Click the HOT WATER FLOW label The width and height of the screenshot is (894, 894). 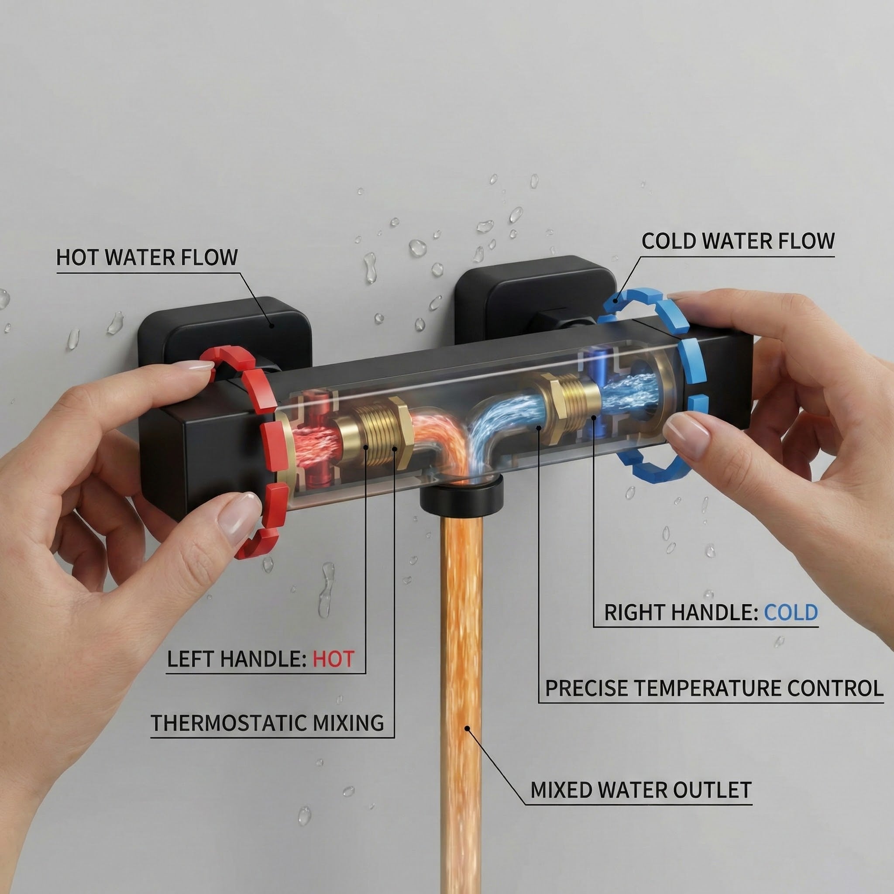[x=147, y=257]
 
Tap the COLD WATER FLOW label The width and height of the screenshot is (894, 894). [x=738, y=241]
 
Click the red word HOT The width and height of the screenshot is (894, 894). [x=333, y=659]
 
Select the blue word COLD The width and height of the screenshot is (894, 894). [x=791, y=612]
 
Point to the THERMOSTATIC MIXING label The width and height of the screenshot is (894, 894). [x=268, y=723]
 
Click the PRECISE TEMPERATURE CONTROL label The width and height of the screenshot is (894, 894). [x=714, y=688]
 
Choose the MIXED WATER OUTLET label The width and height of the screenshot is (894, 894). [x=641, y=790]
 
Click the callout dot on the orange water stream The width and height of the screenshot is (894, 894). [x=468, y=728]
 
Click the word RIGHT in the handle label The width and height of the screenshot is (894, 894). [x=633, y=612]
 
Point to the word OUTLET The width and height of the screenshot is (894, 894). [x=712, y=790]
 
